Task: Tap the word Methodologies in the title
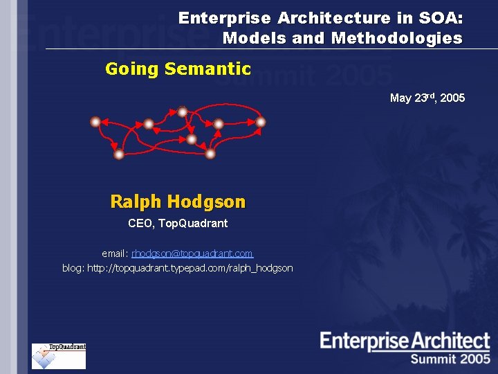click(397, 38)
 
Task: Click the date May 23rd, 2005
click(427, 98)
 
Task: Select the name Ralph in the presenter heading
click(136, 202)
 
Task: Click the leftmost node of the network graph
click(95, 122)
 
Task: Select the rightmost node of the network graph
click(261, 122)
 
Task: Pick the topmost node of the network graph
click(182, 111)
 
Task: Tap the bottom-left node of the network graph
click(119, 154)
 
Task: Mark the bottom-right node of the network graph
click(210, 154)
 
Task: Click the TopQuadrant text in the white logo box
click(67, 347)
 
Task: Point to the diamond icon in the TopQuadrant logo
click(45, 358)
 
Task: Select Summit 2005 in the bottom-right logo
click(450, 359)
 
